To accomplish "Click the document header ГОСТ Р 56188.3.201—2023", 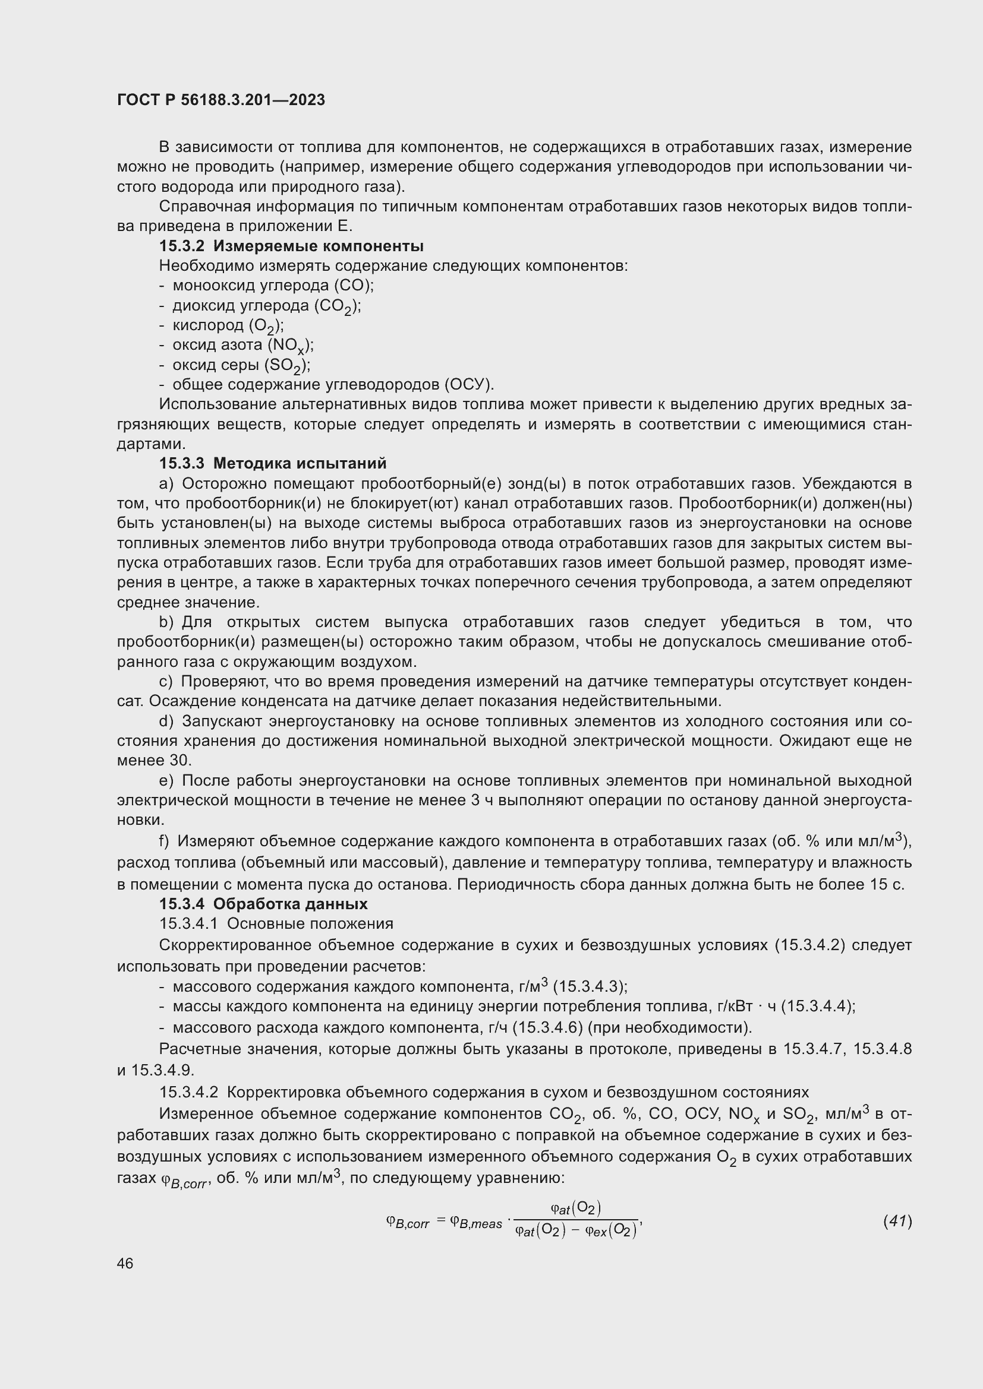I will click(221, 100).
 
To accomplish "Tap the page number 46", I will click(125, 1263).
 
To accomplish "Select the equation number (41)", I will click(897, 1221).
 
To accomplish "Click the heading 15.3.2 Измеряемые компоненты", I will click(291, 246).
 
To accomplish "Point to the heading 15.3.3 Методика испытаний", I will click(272, 463).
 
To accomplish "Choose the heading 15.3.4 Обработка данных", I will click(263, 904).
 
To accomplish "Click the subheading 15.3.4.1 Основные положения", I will click(276, 924).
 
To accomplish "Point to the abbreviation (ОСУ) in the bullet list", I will click(469, 385).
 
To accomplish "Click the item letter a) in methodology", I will click(166, 484).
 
